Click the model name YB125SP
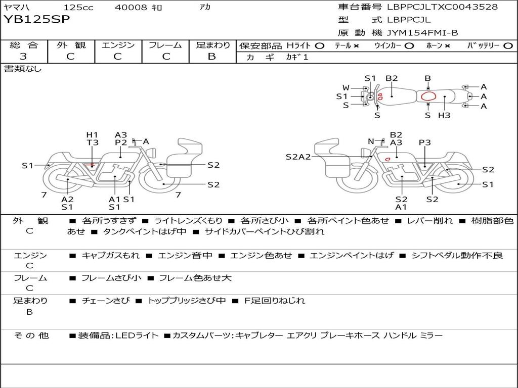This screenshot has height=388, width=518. [37, 20]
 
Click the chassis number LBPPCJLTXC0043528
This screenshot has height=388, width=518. [442, 7]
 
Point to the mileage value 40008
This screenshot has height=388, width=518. [131, 7]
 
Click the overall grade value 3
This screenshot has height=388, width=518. [23, 57]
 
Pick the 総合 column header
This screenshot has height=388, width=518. [23, 45]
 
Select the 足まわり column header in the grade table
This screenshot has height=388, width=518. [212, 45]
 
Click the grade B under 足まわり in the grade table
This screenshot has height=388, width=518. [212, 57]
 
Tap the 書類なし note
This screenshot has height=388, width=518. [23, 69]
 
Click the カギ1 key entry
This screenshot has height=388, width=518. [297, 57]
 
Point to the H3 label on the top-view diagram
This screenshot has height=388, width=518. [444, 115]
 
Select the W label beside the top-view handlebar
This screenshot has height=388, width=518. [346, 87]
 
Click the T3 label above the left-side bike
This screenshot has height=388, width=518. [92, 142]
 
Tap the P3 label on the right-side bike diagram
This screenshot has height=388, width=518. [424, 142]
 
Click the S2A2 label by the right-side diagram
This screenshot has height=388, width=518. [298, 157]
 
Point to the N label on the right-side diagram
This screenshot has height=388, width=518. [370, 141]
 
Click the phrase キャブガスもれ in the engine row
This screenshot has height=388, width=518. [111, 255]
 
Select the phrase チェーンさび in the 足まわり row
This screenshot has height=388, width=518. [105, 300]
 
